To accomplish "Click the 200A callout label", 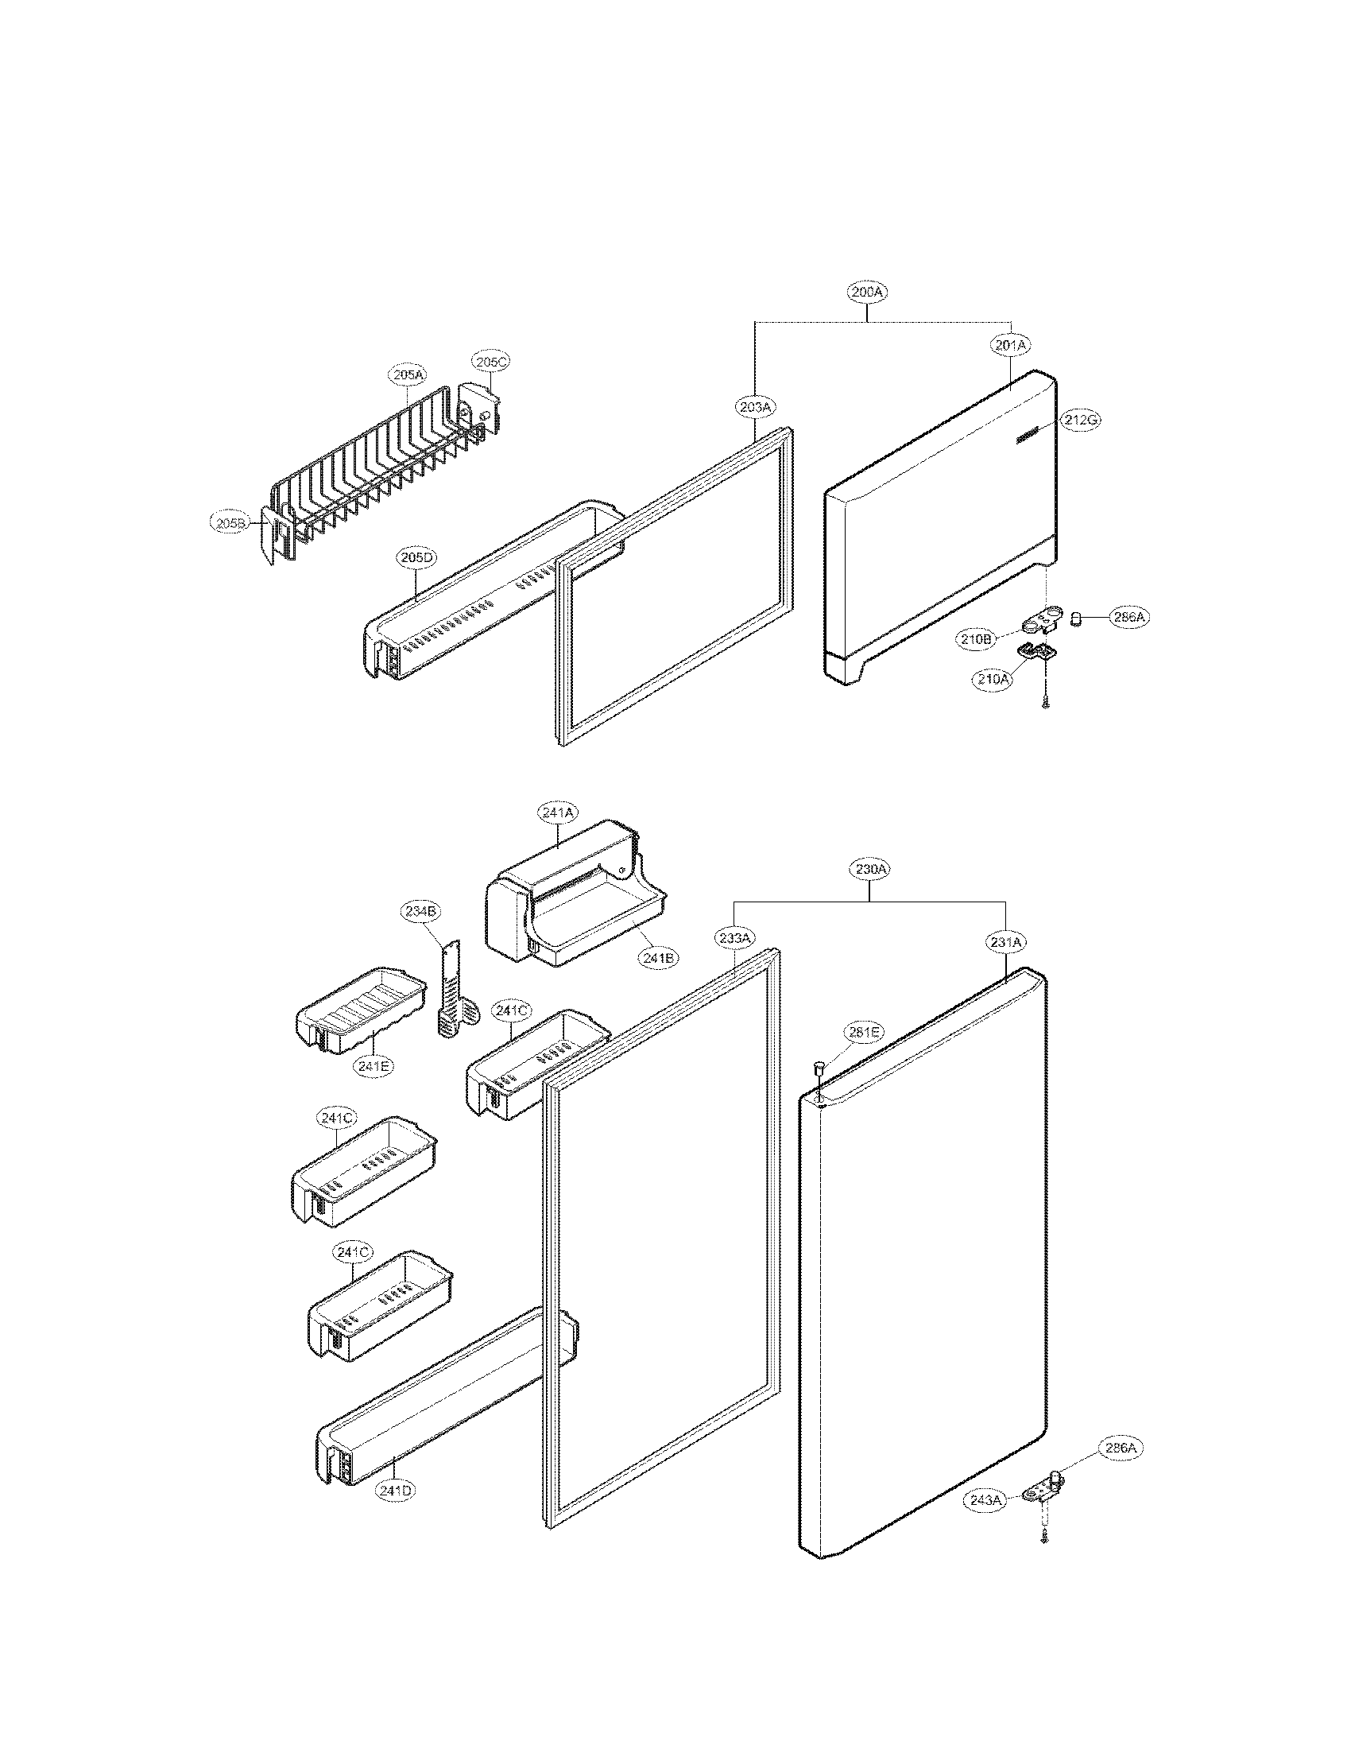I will (x=868, y=293).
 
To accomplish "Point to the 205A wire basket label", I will (x=409, y=374).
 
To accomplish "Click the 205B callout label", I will (x=230, y=523).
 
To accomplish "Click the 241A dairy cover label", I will (x=557, y=812).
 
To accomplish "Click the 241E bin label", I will (x=376, y=1066).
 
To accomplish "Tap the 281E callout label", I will (x=863, y=1032).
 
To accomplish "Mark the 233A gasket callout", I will (x=734, y=938).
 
